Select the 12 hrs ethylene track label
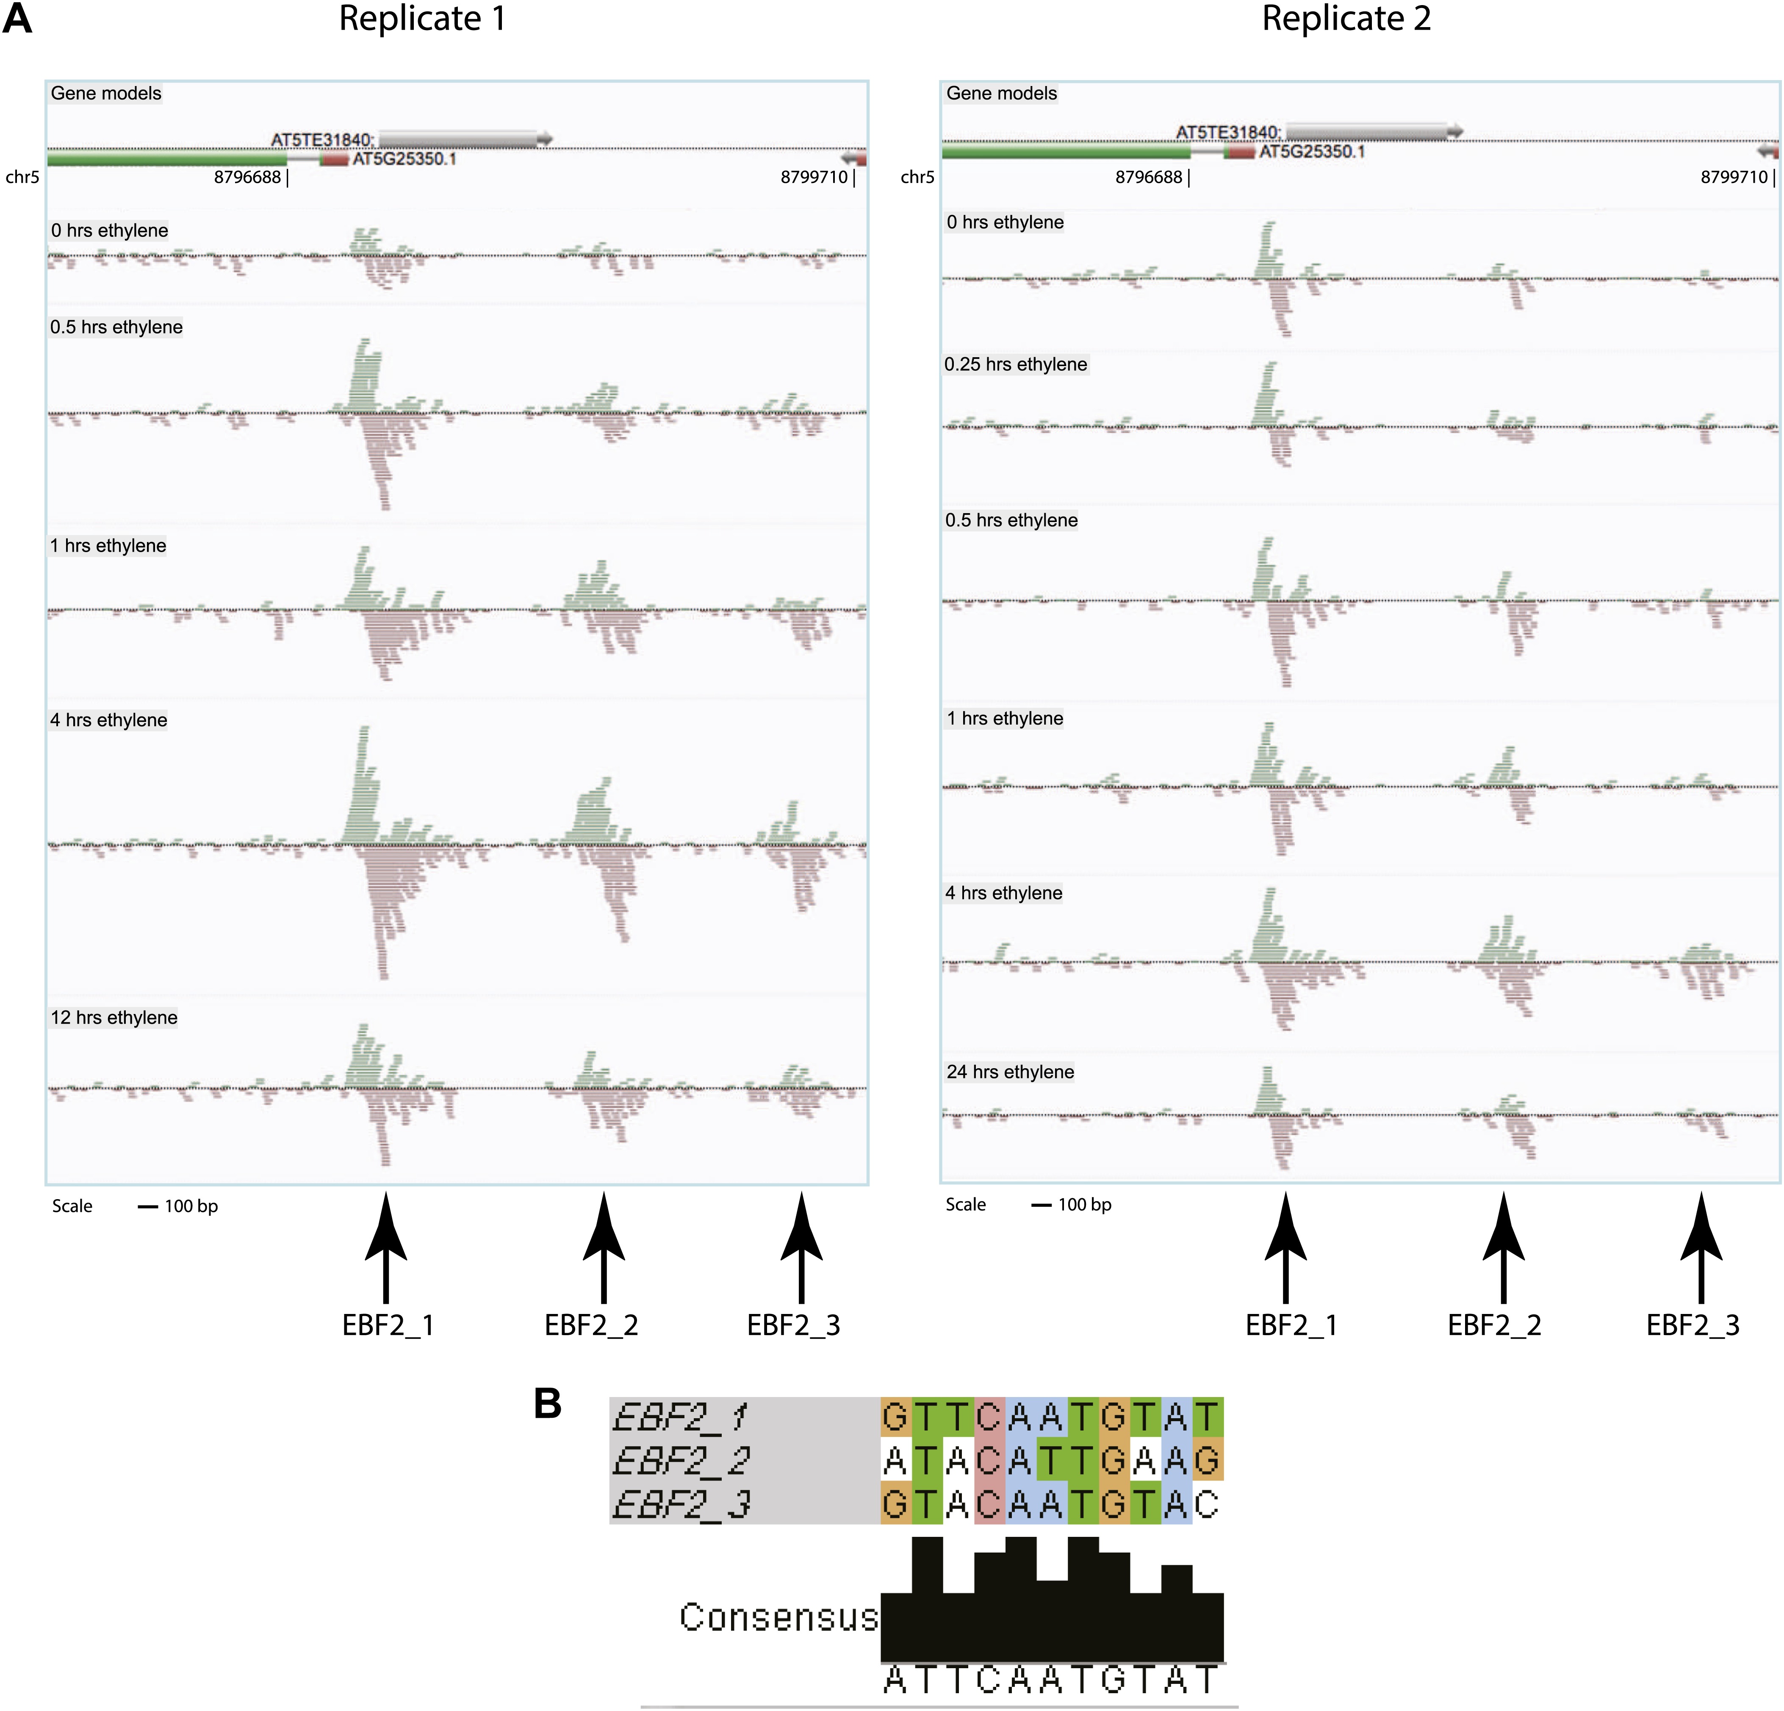click(114, 1017)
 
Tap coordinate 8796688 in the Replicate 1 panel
click(248, 177)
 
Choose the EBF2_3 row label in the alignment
click(681, 1504)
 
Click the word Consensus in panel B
click(778, 1617)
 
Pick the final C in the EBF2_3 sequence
click(1207, 1504)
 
